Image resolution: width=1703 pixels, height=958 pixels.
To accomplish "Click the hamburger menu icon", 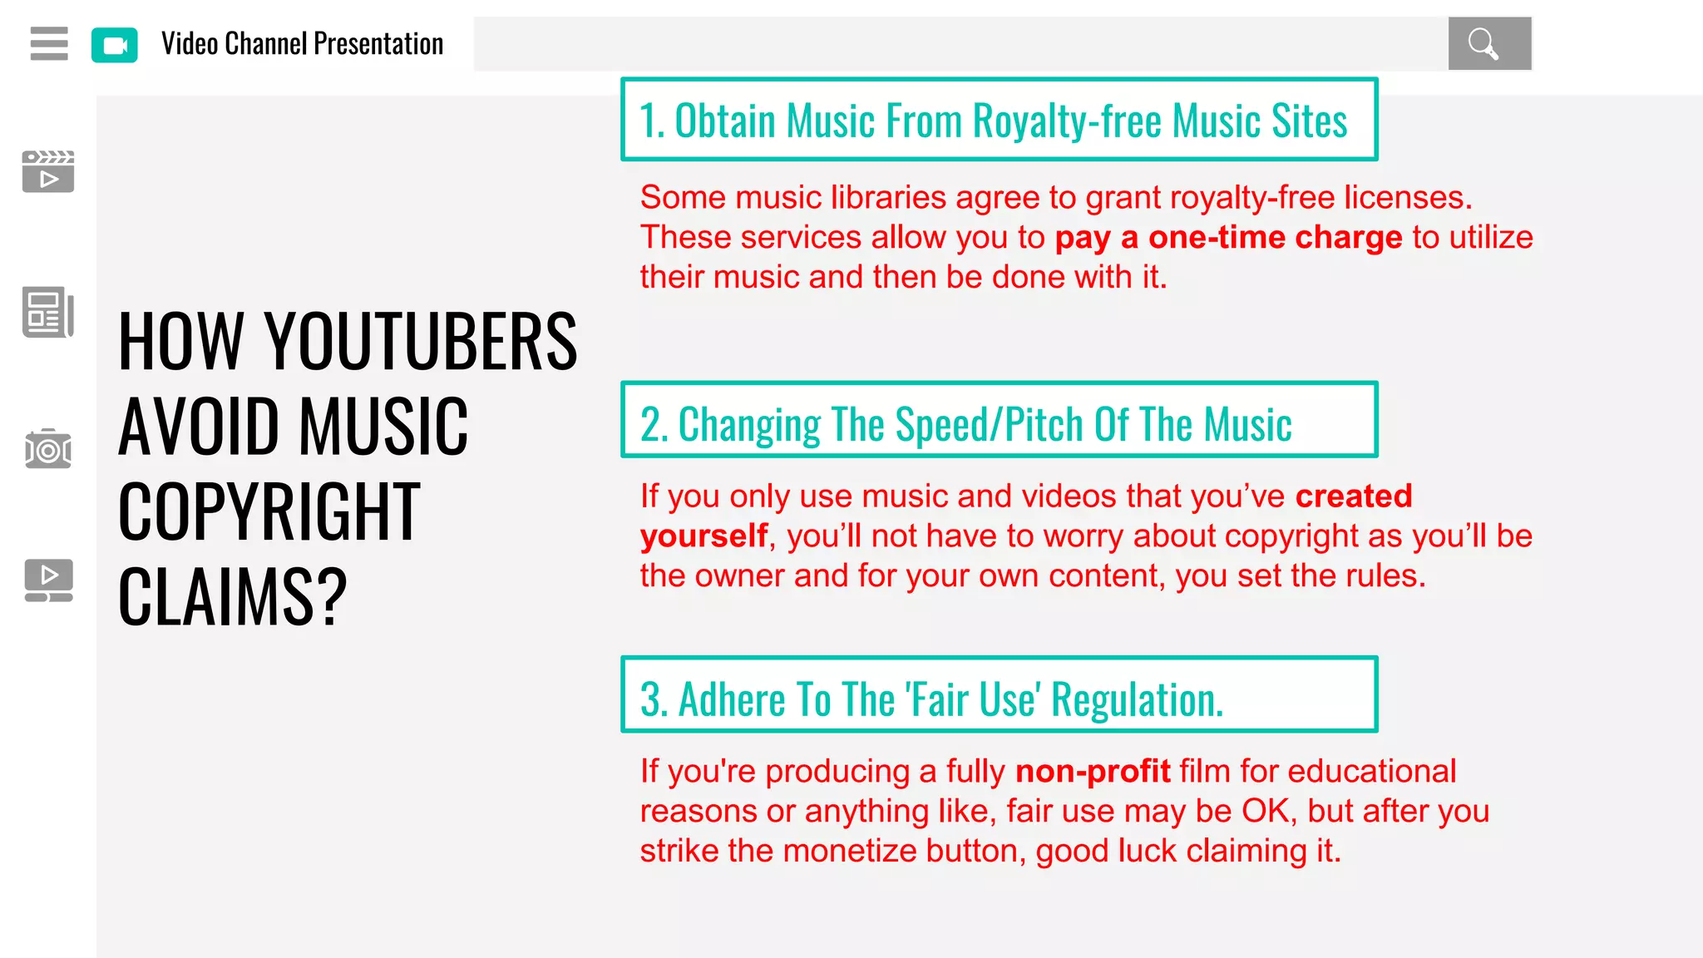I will click(x=49, y=43).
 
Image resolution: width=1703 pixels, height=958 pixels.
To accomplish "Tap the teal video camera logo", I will click(x=115, y=45).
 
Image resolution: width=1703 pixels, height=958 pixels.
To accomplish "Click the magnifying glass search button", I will click(x=1488, y=43).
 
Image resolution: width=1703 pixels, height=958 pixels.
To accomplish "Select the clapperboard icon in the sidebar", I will click(x=48, y=171).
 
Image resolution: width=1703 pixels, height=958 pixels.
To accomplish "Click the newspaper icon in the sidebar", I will click(x=48, y=313).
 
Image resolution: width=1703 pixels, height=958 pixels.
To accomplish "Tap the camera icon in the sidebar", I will click(x=48, y=449).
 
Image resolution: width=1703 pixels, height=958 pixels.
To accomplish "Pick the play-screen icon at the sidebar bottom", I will click(x=48, y=580).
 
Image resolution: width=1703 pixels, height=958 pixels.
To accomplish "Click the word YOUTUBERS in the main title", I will click(x=421, y=342).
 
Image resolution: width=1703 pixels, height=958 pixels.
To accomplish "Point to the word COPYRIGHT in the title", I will click(x=269, y=512).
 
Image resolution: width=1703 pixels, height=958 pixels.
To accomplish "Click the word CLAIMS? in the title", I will click(x=233, y=597).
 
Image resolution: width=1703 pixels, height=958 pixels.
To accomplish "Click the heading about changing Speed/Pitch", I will click(x=965, y=424).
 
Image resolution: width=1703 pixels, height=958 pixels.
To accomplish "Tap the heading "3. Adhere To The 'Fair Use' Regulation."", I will click(x=931, y=699).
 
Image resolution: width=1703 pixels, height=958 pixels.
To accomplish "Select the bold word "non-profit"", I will click(x=1093, y=772).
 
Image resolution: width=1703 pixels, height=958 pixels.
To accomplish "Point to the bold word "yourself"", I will click(x=703, y=536).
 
